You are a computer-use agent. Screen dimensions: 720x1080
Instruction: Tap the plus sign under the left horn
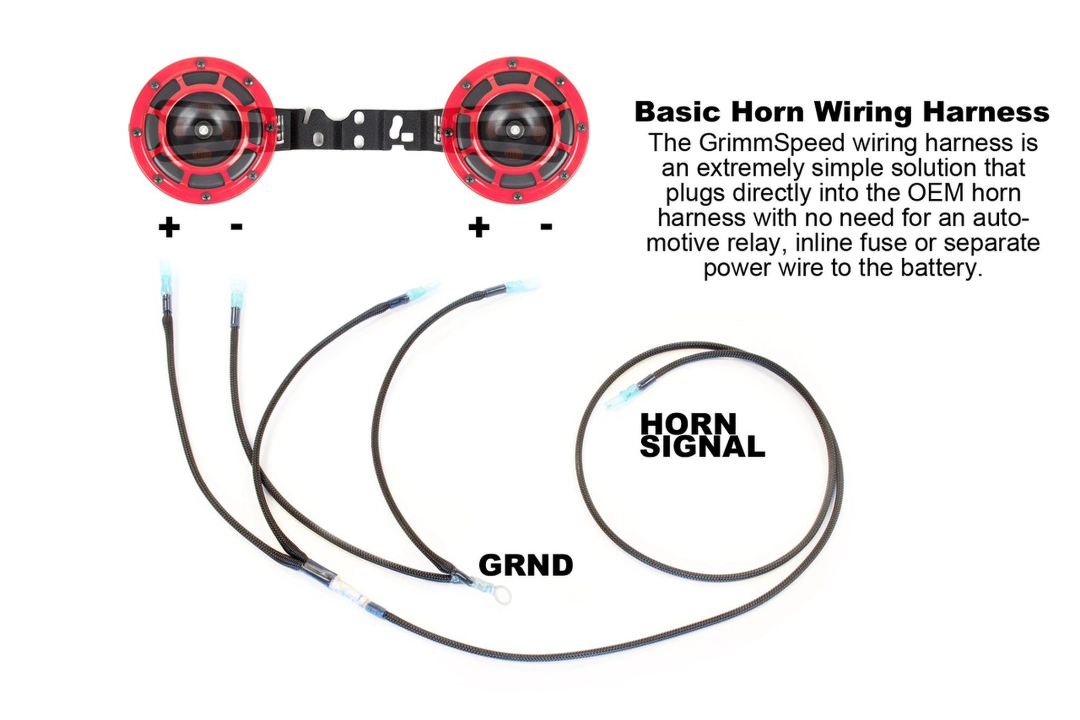click(x=169, y=228)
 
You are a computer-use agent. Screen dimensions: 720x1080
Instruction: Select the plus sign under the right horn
click(x=479, y=228)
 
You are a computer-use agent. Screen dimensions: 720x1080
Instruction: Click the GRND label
click(x=525, y=566)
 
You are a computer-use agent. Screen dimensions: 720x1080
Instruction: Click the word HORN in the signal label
click(x=688, y=424)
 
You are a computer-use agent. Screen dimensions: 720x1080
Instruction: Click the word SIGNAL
click(x=702, y=447)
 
